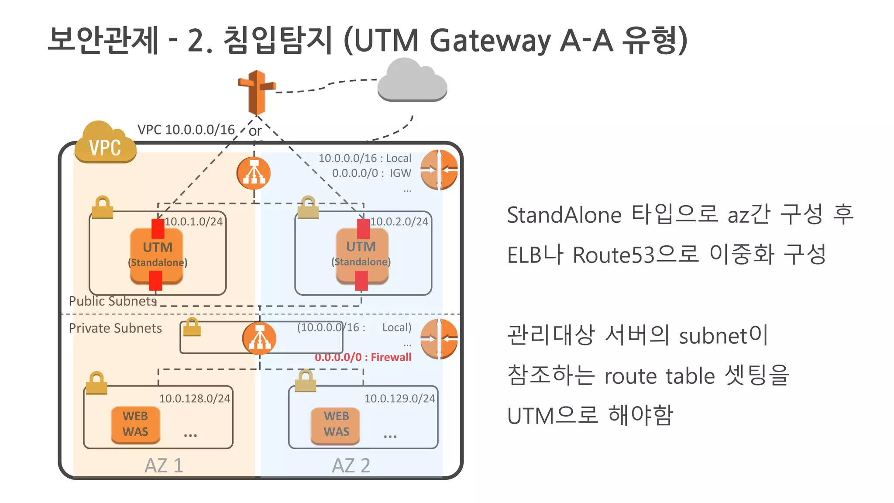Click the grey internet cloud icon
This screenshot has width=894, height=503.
412,82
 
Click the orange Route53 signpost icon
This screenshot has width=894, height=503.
257,92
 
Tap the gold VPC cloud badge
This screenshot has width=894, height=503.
105,144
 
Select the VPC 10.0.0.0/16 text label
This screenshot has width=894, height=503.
186,130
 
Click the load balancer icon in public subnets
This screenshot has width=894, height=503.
254,173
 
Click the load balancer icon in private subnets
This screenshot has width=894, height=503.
259,338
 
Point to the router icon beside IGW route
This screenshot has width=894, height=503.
439,170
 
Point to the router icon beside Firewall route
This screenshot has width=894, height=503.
439,338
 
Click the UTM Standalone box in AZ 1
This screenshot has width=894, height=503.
157,255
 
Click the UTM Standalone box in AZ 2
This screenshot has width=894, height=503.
361,255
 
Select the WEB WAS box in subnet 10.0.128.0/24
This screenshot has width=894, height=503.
135,424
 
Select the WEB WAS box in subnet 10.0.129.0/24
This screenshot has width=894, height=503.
336,424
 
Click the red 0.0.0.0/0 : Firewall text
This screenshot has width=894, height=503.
363,357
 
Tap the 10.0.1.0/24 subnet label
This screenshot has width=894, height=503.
193,222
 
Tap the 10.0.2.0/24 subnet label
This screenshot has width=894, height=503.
399,222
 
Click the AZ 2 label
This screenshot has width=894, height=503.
351,465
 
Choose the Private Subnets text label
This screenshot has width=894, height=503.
115,328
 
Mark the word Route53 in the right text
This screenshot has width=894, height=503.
613,255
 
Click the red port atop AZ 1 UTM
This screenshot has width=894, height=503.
158,228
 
